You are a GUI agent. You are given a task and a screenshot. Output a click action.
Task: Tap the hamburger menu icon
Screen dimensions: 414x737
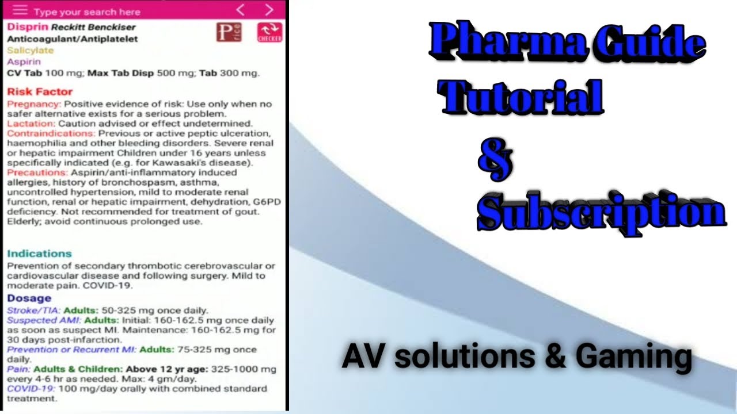[20, 10]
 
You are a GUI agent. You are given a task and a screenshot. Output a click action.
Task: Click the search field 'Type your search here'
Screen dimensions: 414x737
[86, 11]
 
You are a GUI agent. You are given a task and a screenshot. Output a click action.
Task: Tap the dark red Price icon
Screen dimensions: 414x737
[229, 32]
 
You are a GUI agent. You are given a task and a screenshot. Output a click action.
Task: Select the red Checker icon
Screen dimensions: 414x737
[269, 32]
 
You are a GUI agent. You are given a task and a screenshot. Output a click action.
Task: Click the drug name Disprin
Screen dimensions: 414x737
[28, 26]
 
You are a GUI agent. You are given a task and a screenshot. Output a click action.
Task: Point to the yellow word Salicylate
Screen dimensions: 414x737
[30, 50]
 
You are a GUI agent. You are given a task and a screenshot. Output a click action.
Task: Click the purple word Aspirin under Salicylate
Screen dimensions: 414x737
[24, 62]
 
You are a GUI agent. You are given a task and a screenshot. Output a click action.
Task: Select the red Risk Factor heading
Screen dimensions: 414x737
[40, 91]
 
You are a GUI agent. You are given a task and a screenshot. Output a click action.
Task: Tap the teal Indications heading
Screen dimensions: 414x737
[39, 254]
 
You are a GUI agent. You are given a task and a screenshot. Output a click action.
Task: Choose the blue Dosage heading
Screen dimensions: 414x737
[29, 298]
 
